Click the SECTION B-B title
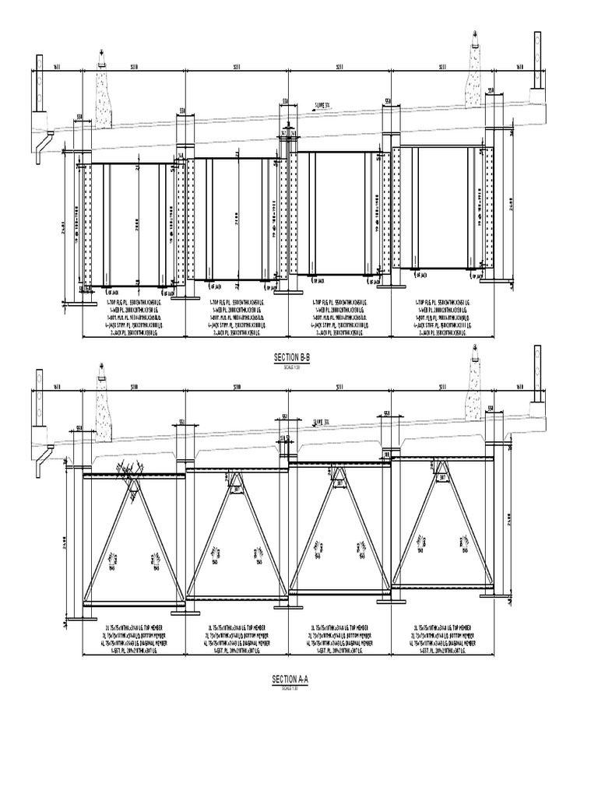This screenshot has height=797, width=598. point(290,357)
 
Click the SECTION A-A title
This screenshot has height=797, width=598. point(290,680)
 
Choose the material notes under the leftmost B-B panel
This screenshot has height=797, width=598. point(133,316)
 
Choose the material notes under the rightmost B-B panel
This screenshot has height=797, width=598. point(441,316)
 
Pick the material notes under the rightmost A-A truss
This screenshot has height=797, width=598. point(441,637)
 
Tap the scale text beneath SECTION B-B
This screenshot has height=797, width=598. point(290,365)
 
